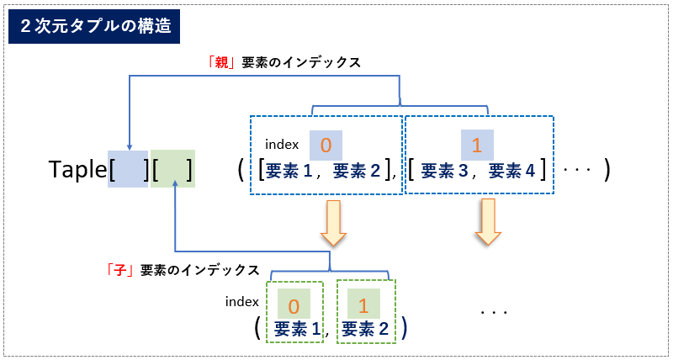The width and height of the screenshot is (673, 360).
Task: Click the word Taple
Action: click(78, 171)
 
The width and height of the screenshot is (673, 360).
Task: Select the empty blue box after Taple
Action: click(128, 170)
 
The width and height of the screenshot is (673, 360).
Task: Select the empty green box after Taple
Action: click(173, 170)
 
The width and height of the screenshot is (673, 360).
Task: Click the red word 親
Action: click(222, 62)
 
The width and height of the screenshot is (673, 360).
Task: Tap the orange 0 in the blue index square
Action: click(326, 146)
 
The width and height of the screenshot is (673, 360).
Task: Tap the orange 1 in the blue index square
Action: click(476, 146)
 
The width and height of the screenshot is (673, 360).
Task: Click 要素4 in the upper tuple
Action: click(511, 172)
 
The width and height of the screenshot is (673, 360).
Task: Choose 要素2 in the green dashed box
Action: click(366, 328)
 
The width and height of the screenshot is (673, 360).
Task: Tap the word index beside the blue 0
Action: click(282, 145)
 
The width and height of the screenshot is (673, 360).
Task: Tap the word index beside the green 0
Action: click(242, 301)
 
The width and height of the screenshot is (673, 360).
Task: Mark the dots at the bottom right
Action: click(494, 312)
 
